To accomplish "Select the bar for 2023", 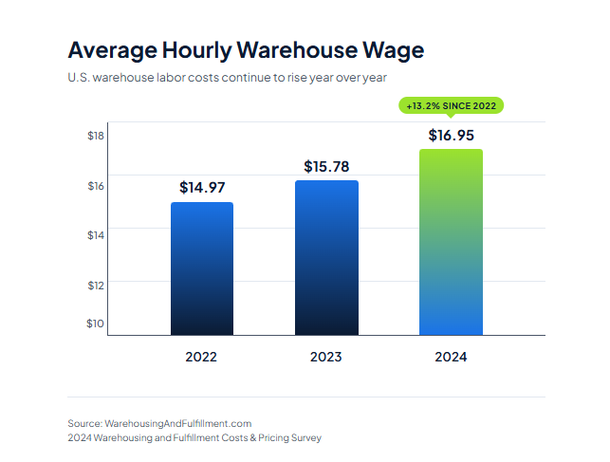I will click(x=326, y=257).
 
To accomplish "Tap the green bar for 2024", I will click(x=451, y=242).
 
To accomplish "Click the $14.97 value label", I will click(x=202, y=188).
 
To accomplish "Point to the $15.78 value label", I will click(x=326, y=167).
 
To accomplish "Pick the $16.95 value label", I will click(x=451, y=135).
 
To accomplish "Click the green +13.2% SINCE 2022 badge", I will click(x=451, y=106).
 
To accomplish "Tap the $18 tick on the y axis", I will click(x=95, y=136).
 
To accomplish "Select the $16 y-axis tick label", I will click(x=95, y=186).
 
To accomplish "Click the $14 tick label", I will click(x=95, y=234).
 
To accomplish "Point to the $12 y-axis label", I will click(x=95, y=285).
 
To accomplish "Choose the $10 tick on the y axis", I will click(x=95, y=323).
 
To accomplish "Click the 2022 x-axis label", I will click(x=201, y=358).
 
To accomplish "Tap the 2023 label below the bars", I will click(x=326, y=358).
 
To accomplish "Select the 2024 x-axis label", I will click(x=451, y=358).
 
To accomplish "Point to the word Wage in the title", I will click(x=394, y=49).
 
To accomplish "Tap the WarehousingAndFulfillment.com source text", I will click(x=177, y=423).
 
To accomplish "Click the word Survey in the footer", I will click(x=304, y=438).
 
